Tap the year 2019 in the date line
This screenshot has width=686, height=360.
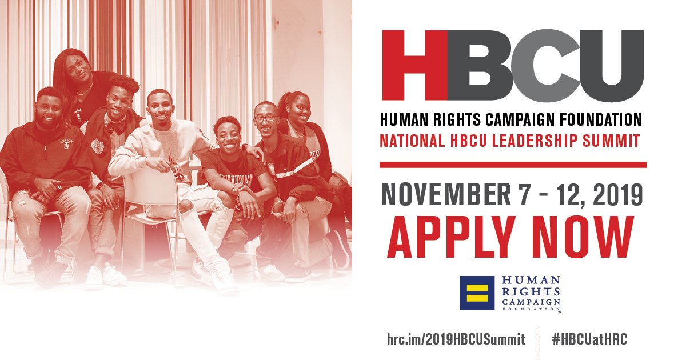619,196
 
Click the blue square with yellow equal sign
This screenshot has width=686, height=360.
477,293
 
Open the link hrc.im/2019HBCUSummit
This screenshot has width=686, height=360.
456,339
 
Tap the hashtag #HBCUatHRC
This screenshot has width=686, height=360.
590,339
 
